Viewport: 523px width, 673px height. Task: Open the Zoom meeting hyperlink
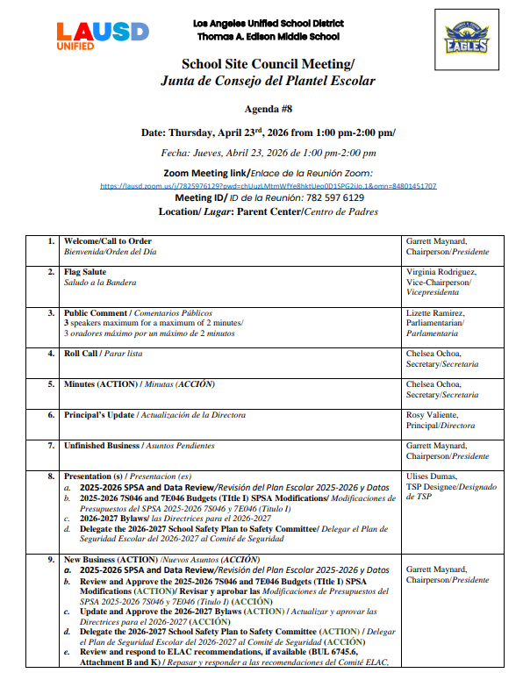268,186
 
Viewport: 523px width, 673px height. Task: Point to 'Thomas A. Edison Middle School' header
268,36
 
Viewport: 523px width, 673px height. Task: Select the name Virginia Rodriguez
441,273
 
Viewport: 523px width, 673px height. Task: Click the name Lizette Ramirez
436,313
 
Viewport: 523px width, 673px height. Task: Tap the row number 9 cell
50,559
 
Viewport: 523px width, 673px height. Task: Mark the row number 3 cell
50,313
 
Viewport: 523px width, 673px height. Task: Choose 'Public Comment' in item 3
96,313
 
